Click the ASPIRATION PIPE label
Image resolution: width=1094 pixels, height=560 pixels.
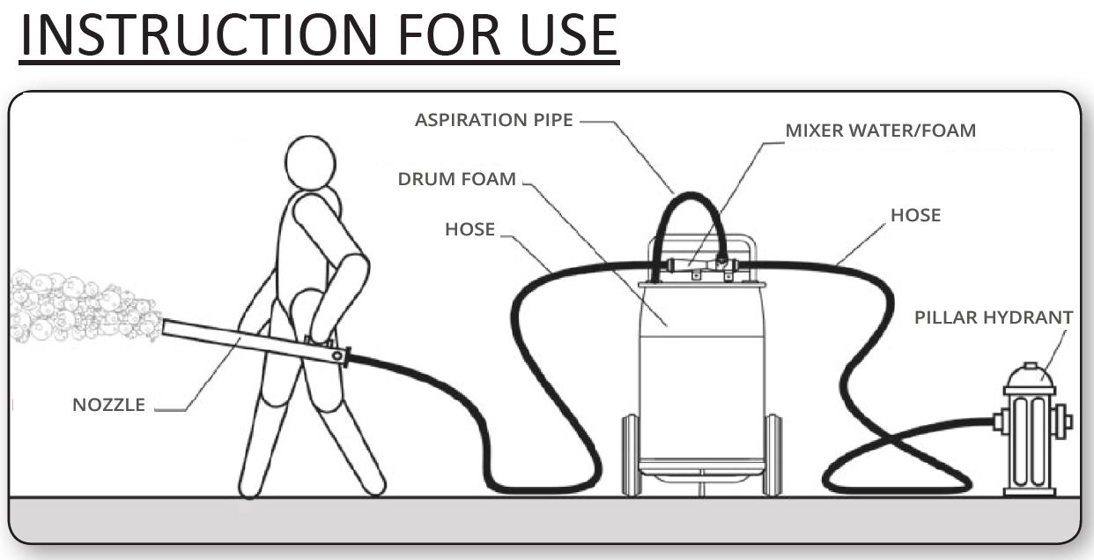[494, 120]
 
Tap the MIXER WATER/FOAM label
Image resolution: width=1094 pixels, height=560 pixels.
[881, 131]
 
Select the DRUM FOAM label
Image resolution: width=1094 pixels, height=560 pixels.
[456, 179]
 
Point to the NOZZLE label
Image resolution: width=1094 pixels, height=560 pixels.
[109, 405]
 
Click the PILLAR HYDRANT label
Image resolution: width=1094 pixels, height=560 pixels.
[994, 317]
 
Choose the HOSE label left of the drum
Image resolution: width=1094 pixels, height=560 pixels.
[469, 229]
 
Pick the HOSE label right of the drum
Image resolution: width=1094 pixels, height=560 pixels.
[916, 215]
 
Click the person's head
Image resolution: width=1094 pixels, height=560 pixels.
[310, 162]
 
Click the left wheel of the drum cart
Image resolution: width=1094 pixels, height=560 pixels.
[631, 455]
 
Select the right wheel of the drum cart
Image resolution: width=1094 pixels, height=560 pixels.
[772, 455]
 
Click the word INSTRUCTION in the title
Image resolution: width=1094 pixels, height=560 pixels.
[199, 35]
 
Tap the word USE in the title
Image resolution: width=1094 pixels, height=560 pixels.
[569, 35]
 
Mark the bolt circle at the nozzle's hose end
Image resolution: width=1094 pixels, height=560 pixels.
[337, 355]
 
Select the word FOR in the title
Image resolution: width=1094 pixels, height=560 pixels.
[449, 35]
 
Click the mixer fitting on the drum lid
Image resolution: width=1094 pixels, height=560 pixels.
[699, 265]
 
